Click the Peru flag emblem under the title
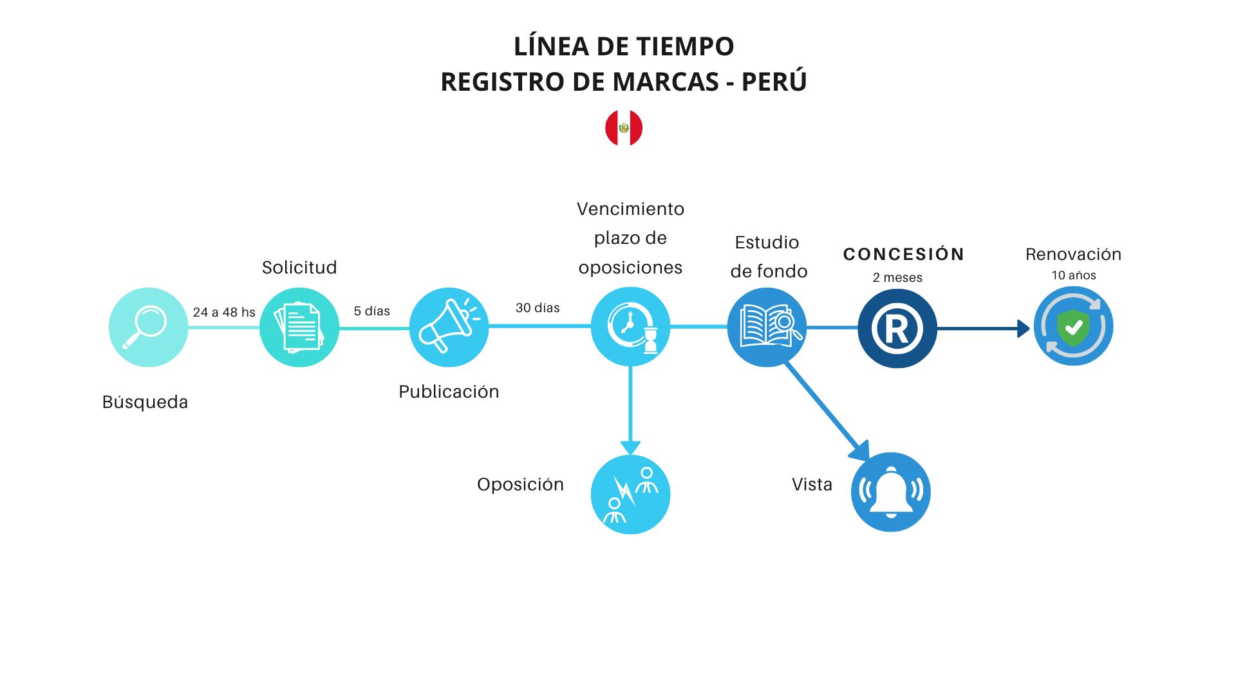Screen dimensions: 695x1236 [623, 127]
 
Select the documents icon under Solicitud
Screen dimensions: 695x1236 [299, 327]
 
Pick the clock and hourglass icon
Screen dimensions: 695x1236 [630, 327]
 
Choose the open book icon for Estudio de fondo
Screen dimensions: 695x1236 [767, 327]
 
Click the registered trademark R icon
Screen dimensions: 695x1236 [897, 328]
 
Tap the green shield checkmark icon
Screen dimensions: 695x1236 [1073, 326]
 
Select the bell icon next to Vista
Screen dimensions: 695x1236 [890, 492]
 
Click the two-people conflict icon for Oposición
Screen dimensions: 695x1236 [630, 494]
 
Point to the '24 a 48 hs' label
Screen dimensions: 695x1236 [224, 312]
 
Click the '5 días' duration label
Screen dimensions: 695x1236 [371, 311]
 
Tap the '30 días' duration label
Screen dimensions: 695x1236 [538, 308]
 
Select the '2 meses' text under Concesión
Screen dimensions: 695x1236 [897, 277]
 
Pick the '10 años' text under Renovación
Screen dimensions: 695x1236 [1074, 275]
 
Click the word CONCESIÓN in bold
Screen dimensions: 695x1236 [904, 254]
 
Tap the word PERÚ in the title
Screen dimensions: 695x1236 [774, 82]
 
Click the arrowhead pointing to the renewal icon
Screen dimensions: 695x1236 [1022, 328]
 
